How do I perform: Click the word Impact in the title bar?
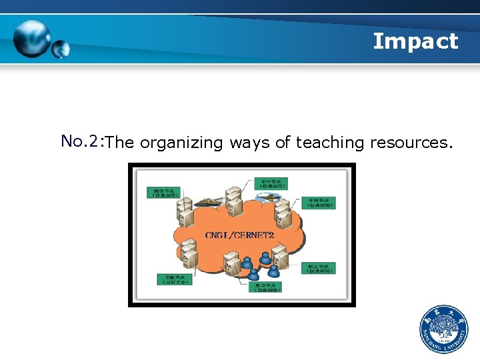coord(415,41)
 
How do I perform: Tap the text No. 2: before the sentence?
coord(81,141)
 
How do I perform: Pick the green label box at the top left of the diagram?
coord(163,193)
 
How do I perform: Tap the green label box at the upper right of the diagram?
coord(318,202)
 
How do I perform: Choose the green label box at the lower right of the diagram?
coord(317,268)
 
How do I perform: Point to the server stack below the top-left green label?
coord(185,214)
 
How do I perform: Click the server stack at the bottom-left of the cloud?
coord(189,257)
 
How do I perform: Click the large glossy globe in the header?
coord(31,39)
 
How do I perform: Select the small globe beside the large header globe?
coord(61,49)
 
